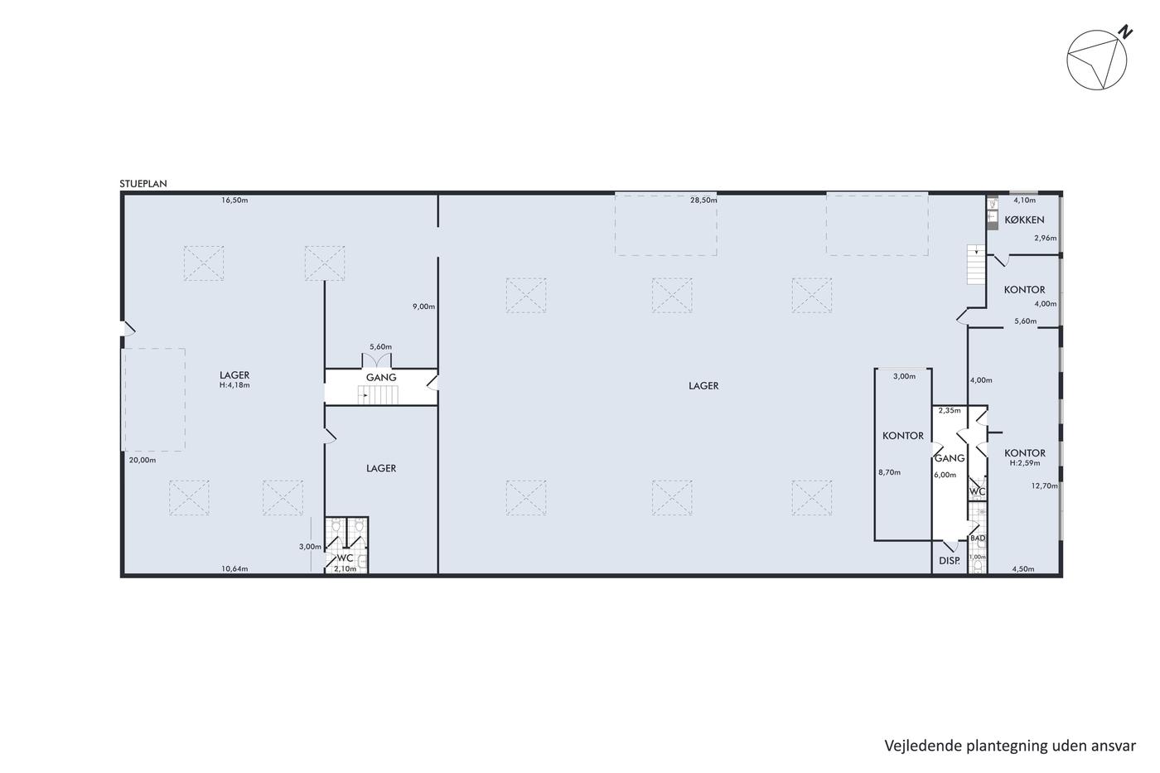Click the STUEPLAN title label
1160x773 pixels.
pyautogui.click(x=143, y=184)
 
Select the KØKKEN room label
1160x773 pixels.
pyautogui.click(x=1024, y=220)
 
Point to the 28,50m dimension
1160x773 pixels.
pyautogui.click(x=703, y=200)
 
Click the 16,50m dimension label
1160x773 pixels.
pyautogui.click(x=234, y=200)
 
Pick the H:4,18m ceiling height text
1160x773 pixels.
pyautogui.click(x=234, y=385)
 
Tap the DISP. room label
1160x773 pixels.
pyautogui.click(x=950, y=560)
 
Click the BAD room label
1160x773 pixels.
pyautogui.click(x=978, y=539)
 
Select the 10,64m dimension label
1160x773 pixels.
pyautogui.click(x=234, y=569)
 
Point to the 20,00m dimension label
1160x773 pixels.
pyautogui.click(x=143, y=461)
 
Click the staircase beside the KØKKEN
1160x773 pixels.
pyautogui.click(x=976, y=264)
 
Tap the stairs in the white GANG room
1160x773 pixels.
pyautogui.click(x=378, y=395)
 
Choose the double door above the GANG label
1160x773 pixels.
pyautogui.click(x=376, y=360)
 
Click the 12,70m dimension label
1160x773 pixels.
pyautogui.click(x=1045, y=486)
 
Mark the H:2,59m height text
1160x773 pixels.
pyautogui.click(x=1025, y=463)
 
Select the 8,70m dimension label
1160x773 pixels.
pyautogui.click(x=889, y=472)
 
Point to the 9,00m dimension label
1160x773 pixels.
pyautogui.click(x=423, y=307)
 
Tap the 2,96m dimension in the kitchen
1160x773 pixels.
pyautogui.click(x=1046, y=238)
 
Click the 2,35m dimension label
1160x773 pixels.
pyautogui.click(x=950, y=411)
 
